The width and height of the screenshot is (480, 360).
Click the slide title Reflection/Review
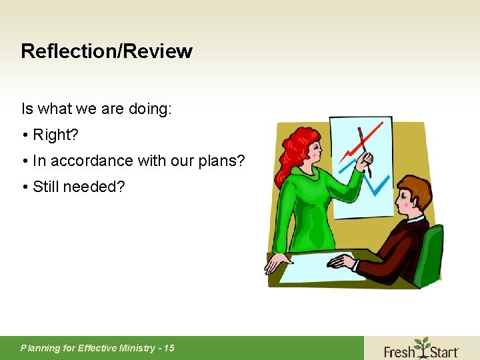107,51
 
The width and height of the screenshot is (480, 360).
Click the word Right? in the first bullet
55,135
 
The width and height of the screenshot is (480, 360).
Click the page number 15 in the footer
169,347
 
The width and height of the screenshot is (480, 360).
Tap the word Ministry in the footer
136,347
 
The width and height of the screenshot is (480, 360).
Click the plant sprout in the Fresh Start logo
421,344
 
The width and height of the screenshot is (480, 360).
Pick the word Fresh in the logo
399,350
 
